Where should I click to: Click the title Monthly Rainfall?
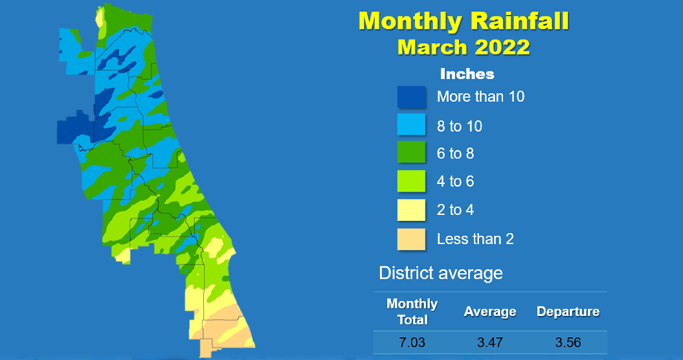464,22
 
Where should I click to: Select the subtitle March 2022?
464,47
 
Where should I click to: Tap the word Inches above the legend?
467,74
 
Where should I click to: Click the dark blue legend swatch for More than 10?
411,97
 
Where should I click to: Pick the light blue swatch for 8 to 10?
411,124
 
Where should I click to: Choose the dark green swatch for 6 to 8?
411,152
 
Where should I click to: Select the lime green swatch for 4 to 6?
411,181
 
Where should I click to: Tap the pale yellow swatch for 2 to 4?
411,210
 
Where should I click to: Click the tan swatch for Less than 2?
411,240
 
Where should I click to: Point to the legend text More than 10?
481,97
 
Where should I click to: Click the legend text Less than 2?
475,239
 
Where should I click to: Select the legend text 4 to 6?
455,181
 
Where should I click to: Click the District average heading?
440,274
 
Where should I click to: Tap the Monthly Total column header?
412,312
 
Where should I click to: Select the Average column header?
490,312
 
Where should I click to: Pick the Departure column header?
568,312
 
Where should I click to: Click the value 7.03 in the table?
412,343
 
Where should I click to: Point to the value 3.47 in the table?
490,343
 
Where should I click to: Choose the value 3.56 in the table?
568,343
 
